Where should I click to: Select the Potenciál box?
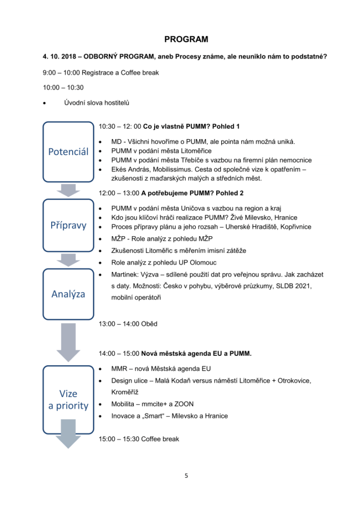point(68,152)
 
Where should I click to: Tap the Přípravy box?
point(68,225)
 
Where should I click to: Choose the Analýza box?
point(68,294)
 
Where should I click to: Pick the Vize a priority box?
point(68,400)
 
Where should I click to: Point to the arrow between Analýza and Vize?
point(68,342)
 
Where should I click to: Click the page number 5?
point(186,476)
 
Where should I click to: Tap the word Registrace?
point(98,73)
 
